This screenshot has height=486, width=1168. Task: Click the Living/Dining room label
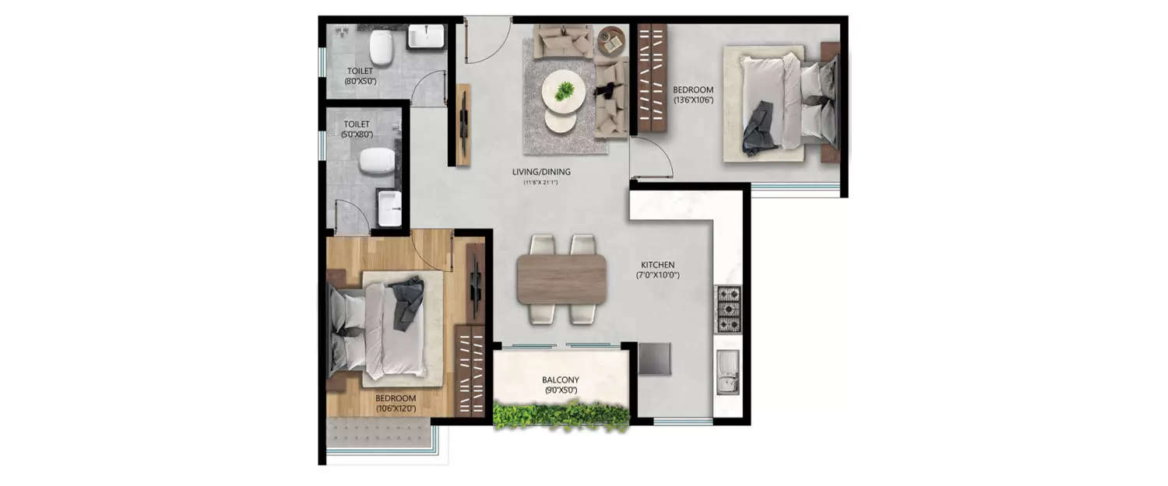tap(541, 172)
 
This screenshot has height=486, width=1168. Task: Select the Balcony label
tap(561, 380)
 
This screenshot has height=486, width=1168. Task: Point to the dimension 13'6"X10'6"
tap(693, 100)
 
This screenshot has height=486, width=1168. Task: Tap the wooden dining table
tap(561, 278)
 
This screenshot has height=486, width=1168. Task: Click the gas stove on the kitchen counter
tap(728, 309)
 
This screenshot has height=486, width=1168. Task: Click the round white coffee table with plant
tap(563, 91)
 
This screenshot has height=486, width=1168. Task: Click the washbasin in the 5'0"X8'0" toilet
tap(389, 208)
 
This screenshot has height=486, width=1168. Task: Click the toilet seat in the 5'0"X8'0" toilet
tap(377, 160)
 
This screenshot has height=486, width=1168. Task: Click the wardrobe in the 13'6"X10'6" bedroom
tap(653, 78)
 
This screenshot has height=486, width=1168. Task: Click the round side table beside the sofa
tap(611, 40)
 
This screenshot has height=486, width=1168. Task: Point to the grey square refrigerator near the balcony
tap(654, 358)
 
